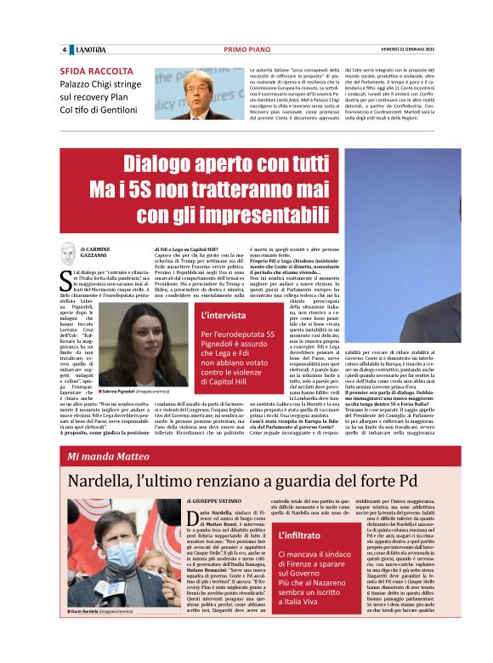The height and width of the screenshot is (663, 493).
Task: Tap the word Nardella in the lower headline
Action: coord(108,482)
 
